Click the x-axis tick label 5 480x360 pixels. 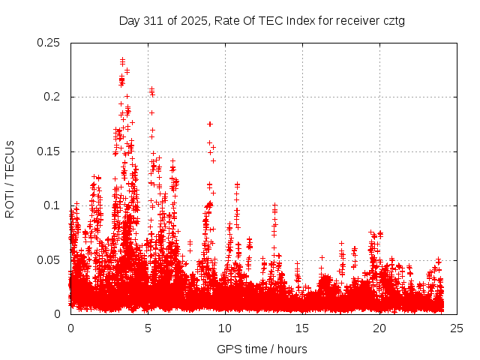click(x=148, y=328)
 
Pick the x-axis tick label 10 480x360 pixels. click(x=225, y=328)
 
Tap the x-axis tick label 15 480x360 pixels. click(x=302, y=328)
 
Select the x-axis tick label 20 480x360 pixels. click(x=379, y=328)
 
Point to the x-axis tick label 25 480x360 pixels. click(x=457, y=328)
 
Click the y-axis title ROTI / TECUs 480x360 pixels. click(x=10, y=178)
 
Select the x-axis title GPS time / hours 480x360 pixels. click(x=262, y=349)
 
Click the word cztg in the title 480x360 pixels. click(x=393, y=20)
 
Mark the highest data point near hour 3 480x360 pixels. click(x=122, y=58)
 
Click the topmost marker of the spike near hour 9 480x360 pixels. click(x=210, y=124)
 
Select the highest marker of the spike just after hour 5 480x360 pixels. click(x=151, y=88)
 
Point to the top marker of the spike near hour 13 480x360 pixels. click(x=274, y=204)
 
